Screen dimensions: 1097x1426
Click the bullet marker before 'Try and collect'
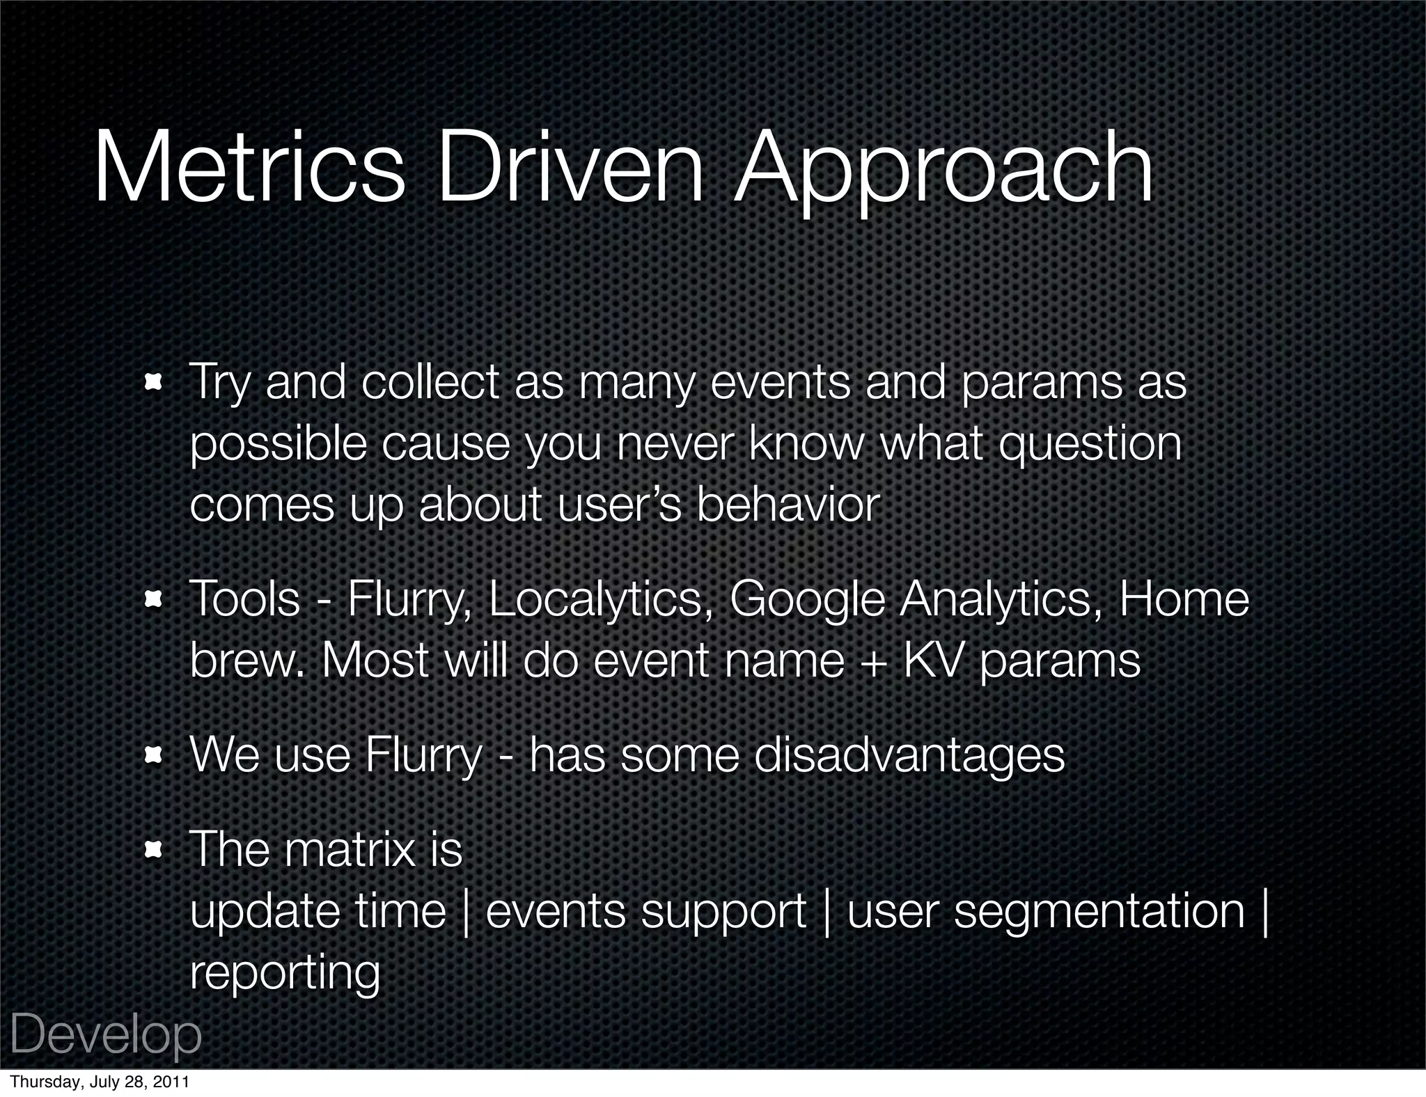click(152, 382)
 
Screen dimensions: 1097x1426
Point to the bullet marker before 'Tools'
click(152, 599)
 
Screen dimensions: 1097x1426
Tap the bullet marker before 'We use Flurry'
click(152, 755)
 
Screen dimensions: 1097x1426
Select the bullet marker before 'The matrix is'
click(152, 849)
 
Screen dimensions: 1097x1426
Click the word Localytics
click(595, 600)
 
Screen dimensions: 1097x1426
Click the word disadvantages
click(909, 755)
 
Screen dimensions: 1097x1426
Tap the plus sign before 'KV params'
click(873, 662)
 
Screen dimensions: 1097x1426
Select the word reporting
click(285, 974)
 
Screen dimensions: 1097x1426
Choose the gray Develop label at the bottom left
click(106, 1036)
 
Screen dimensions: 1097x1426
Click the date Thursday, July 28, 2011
click(99, 1082)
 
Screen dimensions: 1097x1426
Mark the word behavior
click(788, 505)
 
